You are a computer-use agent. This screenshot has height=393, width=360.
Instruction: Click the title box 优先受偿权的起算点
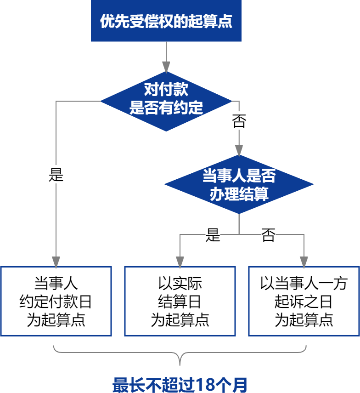click(166, 21)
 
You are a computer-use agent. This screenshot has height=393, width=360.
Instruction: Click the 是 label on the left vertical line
click(56, 175)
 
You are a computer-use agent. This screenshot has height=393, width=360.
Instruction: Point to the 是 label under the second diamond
click(213, 235)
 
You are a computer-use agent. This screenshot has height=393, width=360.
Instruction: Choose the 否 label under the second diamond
click(268, 235)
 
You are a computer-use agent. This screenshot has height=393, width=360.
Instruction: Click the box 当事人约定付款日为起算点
click(56, 301)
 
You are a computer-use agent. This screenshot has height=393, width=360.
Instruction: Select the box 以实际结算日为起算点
click(180, 301)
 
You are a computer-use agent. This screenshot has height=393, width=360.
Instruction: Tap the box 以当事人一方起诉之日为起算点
click(304, 301)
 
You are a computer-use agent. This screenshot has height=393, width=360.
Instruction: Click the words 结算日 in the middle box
click(180, 302)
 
